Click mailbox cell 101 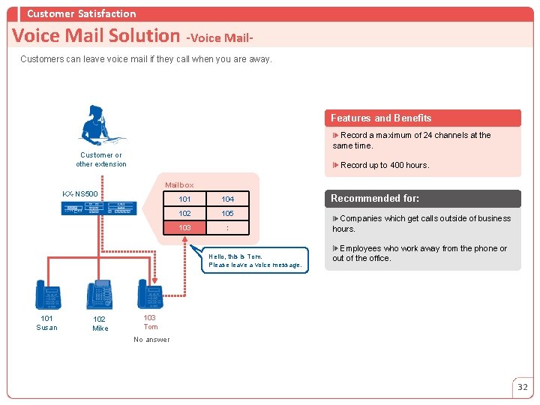coord(184,199)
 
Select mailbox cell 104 coord(228,199)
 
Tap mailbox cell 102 coord(184,214)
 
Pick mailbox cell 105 coord(228,214)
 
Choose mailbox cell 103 coord(184,228)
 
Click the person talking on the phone coord(100,124)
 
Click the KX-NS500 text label coord(80,194)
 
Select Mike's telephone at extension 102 coord(100,295)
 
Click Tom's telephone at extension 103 coord(151,295)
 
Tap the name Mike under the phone coord(100,328)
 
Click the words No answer coord(151,340)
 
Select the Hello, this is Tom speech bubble coord(256,260)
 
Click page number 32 coord(523,387)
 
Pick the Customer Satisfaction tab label coord(81,13)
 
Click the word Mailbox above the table coord(179,185)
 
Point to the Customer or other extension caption coord(101,160)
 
